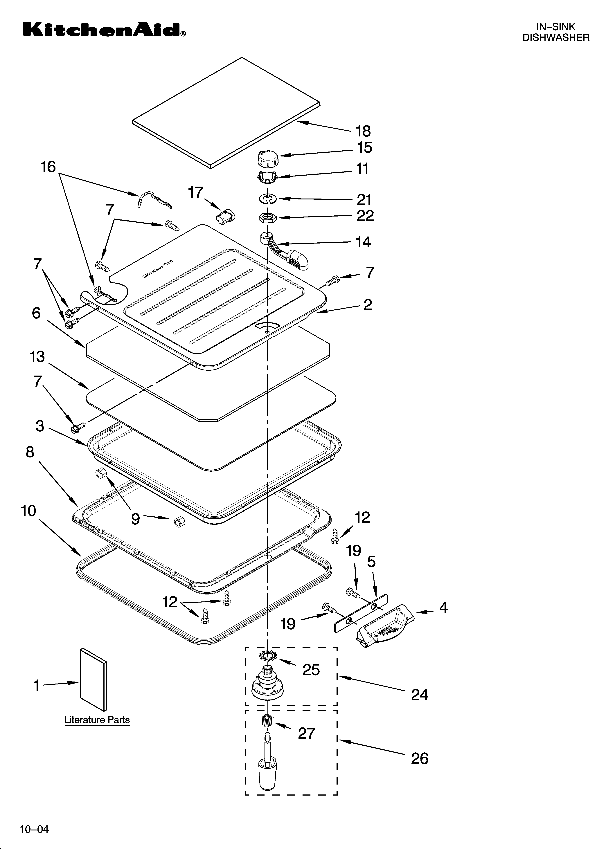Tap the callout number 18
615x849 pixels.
tap(363, 131)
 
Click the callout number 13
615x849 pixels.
tap(37, 357)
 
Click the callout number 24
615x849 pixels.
tap(420, 695)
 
